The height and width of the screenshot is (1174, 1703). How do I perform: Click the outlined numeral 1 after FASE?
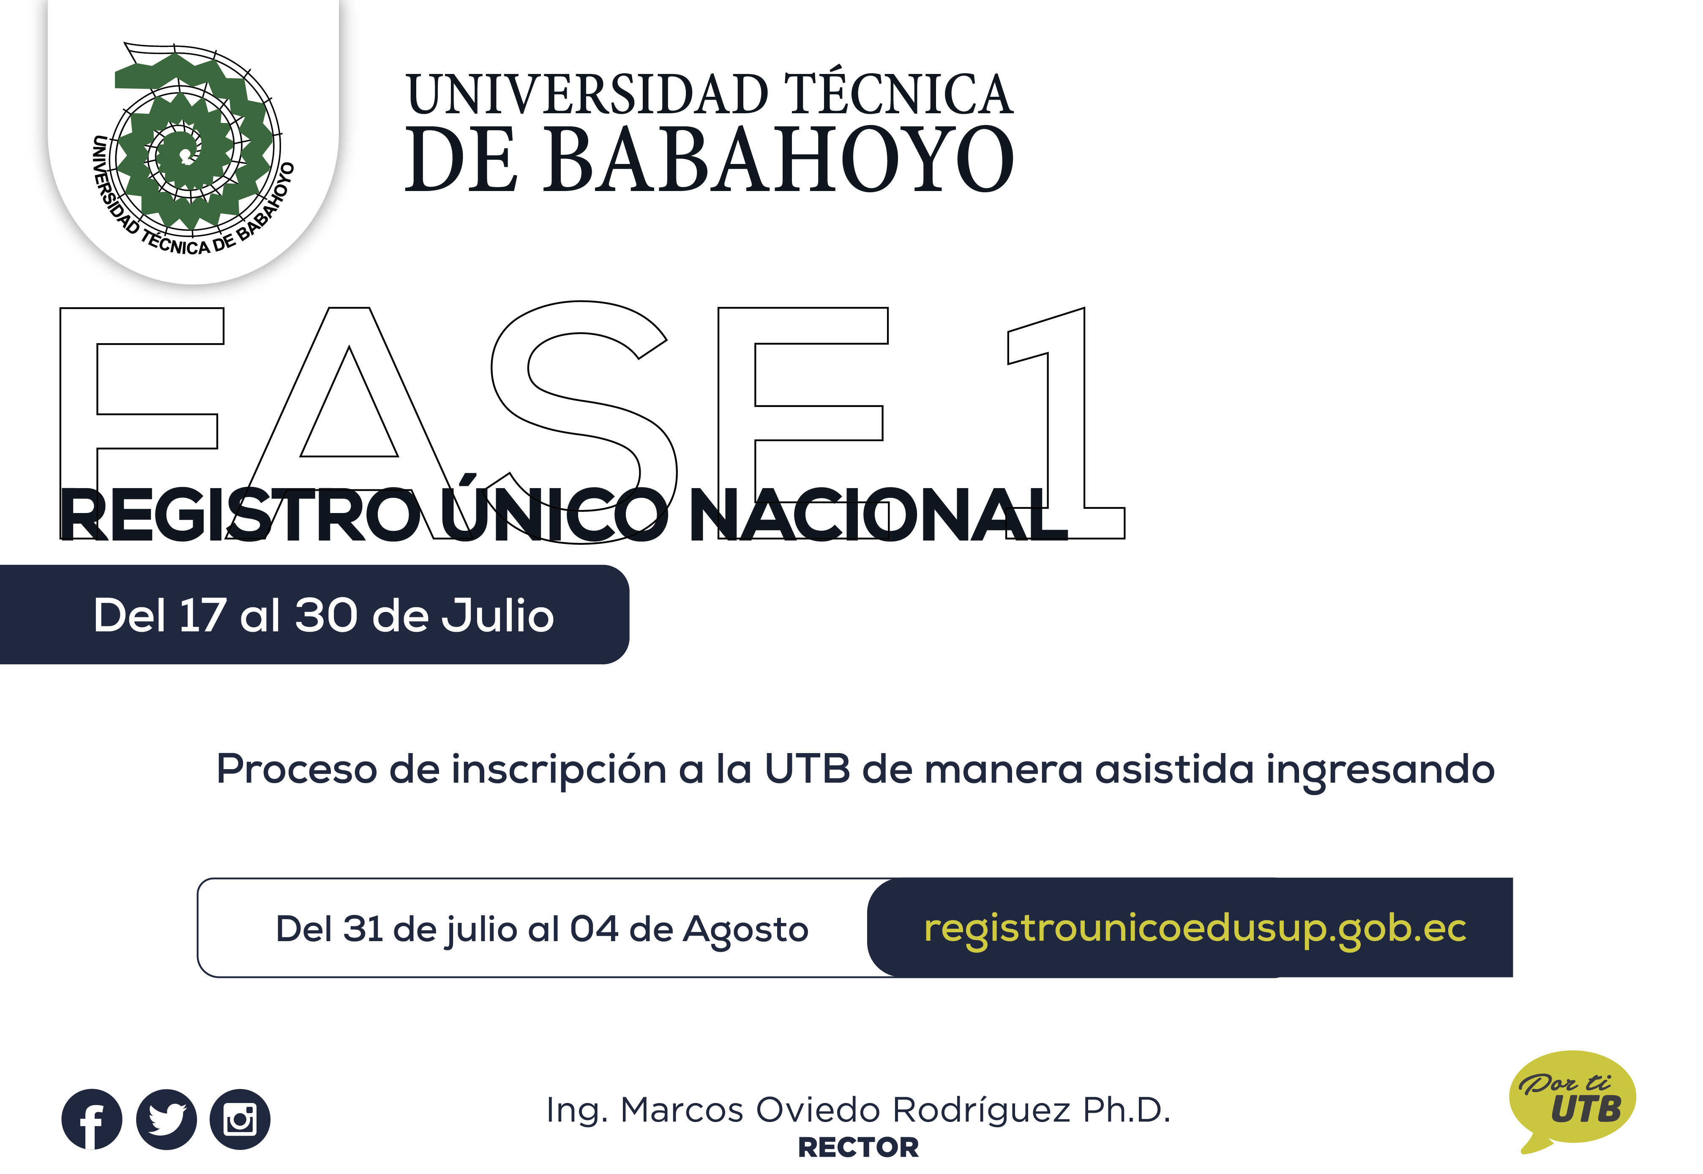click(x=1066, y=423)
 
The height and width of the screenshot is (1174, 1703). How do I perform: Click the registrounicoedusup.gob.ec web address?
click(x=1195, y=928)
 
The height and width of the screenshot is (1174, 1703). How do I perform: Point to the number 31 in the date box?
click(x=363, y=928)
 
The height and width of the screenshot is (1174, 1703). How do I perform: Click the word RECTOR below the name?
click(x=858, y=1147)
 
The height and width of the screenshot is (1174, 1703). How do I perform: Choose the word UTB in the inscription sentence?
click(x=808, y=770)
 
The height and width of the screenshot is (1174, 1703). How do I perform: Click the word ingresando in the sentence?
click(x=1380, y=771)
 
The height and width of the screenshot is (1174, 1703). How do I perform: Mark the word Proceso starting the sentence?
click(x=297, y=770)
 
